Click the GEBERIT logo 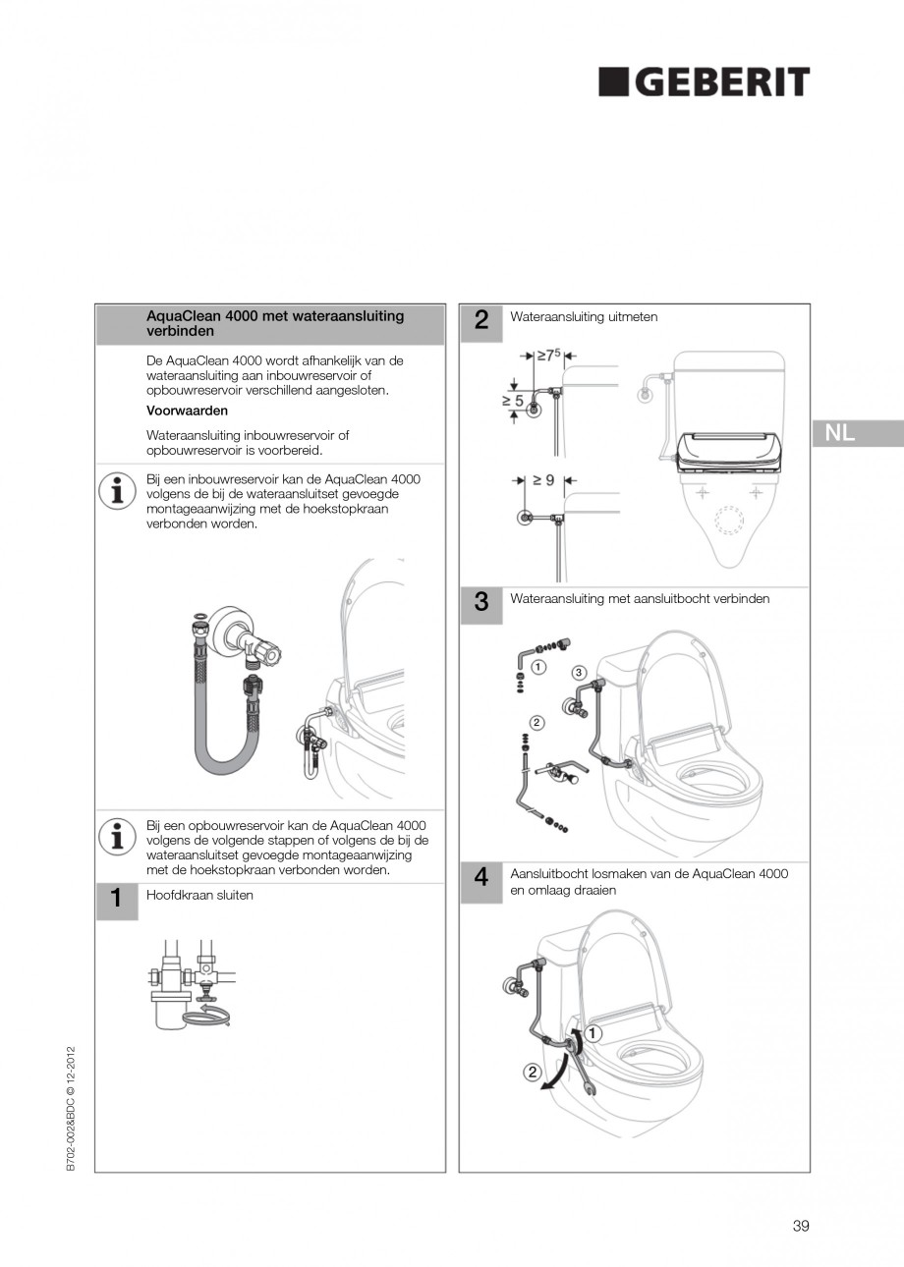tap(705, 83)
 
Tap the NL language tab tap(840, 433)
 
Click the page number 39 tap(800, 1225)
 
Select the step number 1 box tap(116, 898)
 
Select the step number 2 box tap(481, 319)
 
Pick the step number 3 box tap(481, 603)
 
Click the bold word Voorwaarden tap(187, 411)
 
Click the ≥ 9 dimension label tap(543, 480)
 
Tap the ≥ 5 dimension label tap(513, 401)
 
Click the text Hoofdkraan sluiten tap(199, 895)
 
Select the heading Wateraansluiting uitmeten tap(584, 317)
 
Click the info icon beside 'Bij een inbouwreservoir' tap(117, 490)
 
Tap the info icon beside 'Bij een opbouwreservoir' tap(117, 836)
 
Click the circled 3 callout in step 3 tap(579, 672)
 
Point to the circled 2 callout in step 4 tap(532, 1072)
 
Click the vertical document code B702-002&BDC tap(71, 1112)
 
